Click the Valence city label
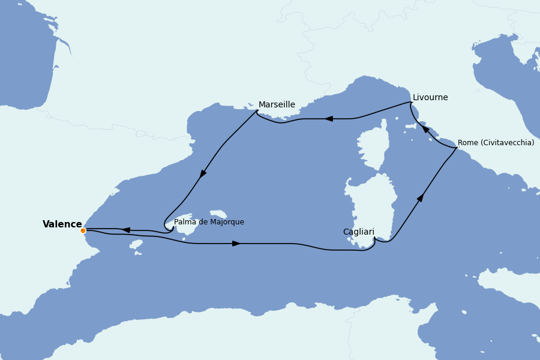62,224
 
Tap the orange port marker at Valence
83,230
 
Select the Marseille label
277,105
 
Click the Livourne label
430,98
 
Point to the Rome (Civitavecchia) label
496,143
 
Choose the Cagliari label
359,232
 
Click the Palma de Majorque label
209,222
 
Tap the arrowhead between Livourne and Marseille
329,119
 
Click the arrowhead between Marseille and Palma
203,173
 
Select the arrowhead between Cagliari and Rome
421,197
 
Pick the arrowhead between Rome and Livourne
425,129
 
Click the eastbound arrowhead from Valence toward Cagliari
236,244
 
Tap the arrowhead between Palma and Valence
127,230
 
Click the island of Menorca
218,214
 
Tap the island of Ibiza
136,244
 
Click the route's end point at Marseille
257,111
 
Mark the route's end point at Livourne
411,103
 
